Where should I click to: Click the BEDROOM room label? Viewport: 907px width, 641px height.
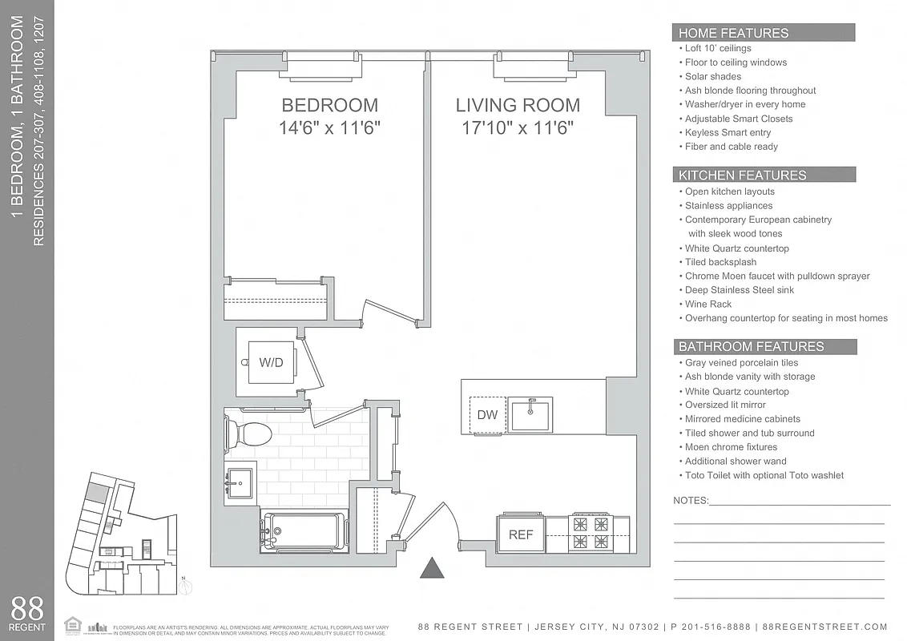(329, 105)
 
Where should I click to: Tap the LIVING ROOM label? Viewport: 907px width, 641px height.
(518, 105)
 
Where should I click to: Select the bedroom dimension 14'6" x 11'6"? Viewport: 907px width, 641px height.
(329, 127)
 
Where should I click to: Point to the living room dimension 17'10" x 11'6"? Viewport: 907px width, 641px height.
(518, 127)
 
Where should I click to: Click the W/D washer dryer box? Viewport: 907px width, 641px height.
(271, 362)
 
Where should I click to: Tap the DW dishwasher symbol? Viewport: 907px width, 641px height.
(487, 414)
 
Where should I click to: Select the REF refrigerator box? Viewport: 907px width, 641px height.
(521, 534)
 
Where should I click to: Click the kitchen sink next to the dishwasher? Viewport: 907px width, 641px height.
(530, 414)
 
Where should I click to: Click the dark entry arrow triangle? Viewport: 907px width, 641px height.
(433, 567)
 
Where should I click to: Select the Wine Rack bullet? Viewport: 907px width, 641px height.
(708, 304)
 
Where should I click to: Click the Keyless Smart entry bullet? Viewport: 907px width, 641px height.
(728, 132)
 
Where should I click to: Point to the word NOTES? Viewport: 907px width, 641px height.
(691, 500)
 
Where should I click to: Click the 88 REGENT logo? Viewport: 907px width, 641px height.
(27, 612)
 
